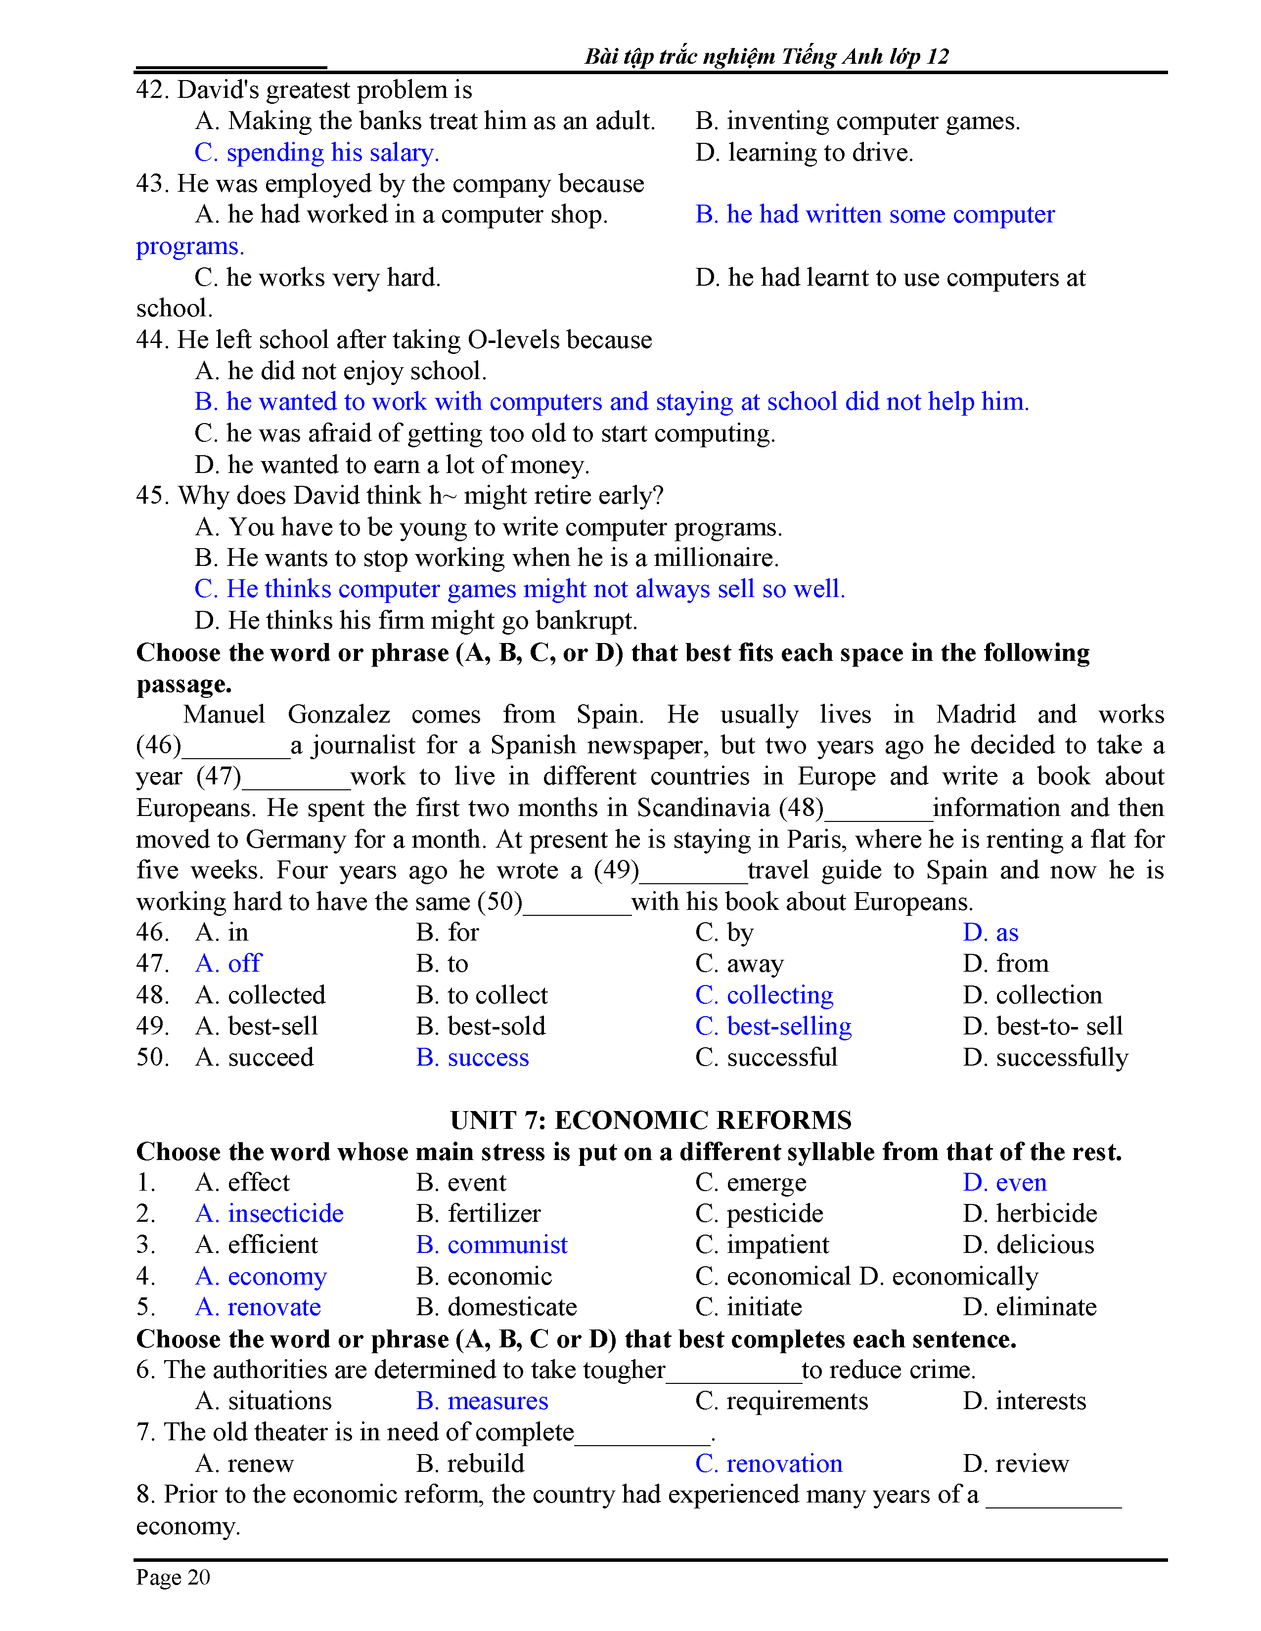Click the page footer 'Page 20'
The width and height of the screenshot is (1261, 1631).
click(173, 1577)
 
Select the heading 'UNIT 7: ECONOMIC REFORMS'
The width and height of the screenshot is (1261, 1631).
click(651, 1120)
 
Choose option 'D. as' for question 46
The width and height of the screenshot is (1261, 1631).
click(990, 933)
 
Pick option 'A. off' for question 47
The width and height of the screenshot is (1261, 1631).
click(228, 963)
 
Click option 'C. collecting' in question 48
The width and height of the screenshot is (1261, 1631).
click(764, 995)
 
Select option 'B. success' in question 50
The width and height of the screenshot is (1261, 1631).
click(472, 1058)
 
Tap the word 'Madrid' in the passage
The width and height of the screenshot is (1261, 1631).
click(975, 715)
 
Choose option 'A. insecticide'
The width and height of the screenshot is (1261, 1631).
click(269, 1213)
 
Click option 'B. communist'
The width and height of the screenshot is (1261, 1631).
click(492, 1245)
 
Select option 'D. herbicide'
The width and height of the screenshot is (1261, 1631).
click(1030, 1213)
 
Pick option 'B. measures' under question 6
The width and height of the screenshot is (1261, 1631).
click(482, 1401)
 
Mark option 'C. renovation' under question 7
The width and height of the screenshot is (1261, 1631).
click(768, 1464)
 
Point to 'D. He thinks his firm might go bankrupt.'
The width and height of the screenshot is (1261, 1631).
click(415, 621)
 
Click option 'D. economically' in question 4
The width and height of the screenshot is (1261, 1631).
click(949, 1276)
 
